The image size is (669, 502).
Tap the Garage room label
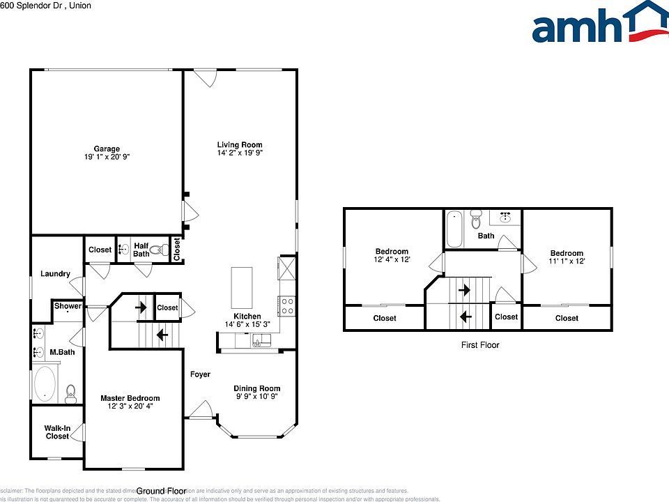(107, 149)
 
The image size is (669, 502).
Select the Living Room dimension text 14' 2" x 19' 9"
(240, 152)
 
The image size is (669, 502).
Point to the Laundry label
(55, 274)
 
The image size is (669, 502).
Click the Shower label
(68, 306)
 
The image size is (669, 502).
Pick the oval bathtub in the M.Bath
(45, 383)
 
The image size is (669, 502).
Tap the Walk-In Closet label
(57, 432)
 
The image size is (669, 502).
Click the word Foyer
(200, 374)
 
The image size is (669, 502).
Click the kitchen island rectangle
(242, 287)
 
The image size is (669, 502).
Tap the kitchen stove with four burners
(286, 305)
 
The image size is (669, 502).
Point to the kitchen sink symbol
(262, 340)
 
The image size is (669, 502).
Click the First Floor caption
(480, 345)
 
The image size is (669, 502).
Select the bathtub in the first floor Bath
(454, 229)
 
